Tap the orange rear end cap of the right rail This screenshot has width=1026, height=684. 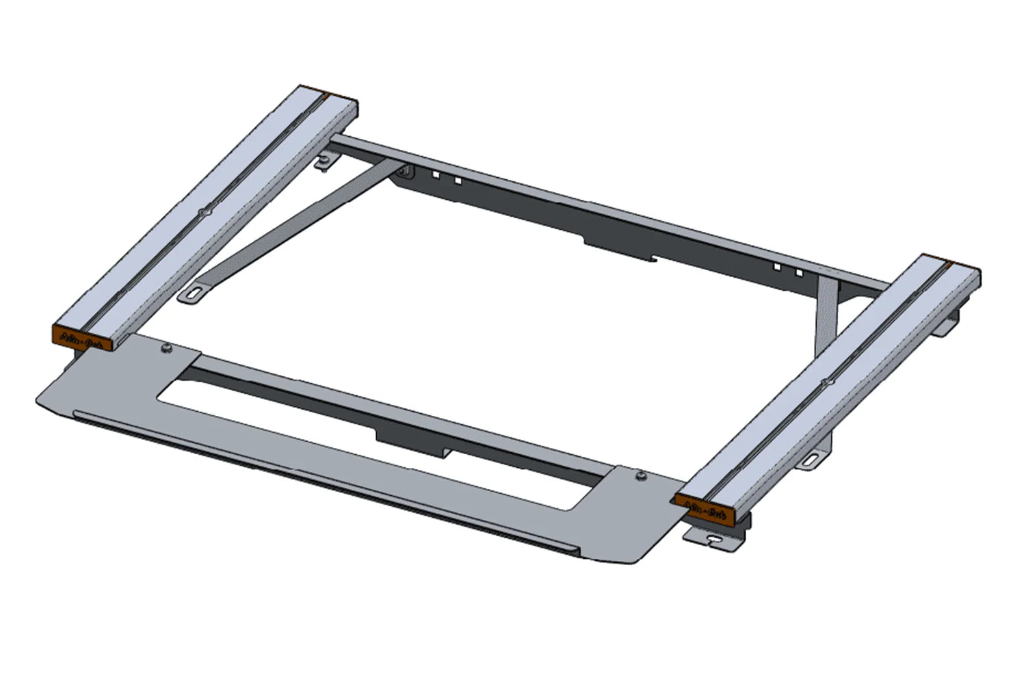tap(961, 267)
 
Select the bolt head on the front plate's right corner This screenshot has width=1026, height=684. tap(640, 475)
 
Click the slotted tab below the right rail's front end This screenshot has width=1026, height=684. tap(715, 540)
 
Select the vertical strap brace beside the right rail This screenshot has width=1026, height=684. tap(826, 315)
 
